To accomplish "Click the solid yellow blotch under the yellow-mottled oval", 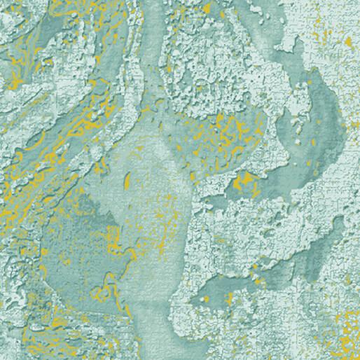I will (245, 184).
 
